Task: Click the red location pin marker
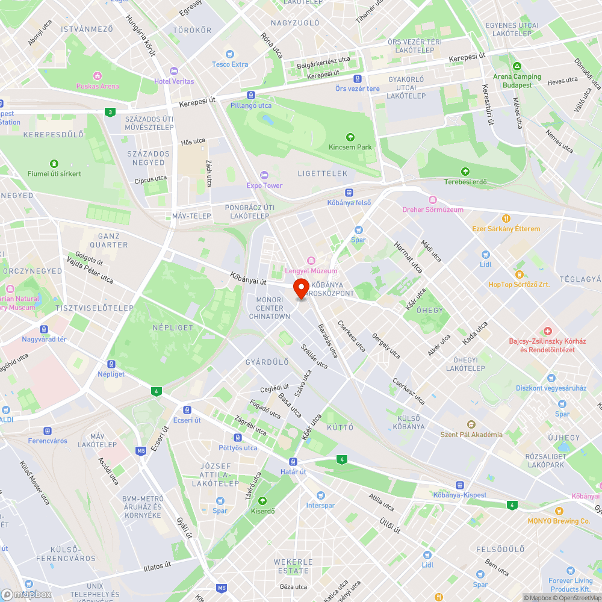click(301, 287)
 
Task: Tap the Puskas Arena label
click(98, 86)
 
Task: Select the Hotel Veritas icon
click(174, 71)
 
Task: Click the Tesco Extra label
click(230, 64)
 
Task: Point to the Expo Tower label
click(264, 185)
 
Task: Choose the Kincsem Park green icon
click(351, 137)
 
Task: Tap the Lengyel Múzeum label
click(311, 271)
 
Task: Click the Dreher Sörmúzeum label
click(433, 209)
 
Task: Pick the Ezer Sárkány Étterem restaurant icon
click(506, 219)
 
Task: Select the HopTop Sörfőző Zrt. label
click(518, 284)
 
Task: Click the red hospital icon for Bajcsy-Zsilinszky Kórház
click(547, 331)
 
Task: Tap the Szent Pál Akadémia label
click(471, 435)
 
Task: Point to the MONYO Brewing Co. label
click(559, 521)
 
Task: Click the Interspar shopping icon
click(320, 495)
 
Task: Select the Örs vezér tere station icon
click(358, 78)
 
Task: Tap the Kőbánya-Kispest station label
click(460, 495)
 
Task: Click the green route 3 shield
click(109, 112)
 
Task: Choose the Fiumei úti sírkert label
click(54, 174)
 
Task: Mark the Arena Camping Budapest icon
click(517, 66)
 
